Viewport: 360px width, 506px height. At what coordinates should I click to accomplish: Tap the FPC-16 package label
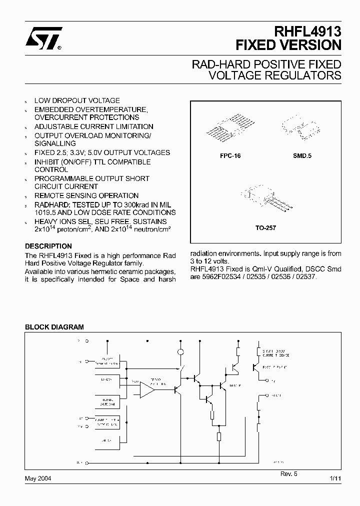[230, 156]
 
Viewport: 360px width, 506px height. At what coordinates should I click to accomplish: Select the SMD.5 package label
[302, 156]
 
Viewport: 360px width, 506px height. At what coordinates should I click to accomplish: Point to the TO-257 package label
[265, 227]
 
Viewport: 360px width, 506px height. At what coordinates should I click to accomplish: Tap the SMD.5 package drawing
[301, 127]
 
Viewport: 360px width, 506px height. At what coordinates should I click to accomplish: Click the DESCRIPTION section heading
[48, 246]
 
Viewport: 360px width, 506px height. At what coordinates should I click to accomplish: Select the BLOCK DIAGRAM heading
[54, 327]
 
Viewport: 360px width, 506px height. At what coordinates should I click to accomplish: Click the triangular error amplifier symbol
[148, 389]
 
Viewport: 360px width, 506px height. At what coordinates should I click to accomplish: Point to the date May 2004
[38, 478]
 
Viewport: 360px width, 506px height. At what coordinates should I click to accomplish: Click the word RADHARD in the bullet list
[51, 204]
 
